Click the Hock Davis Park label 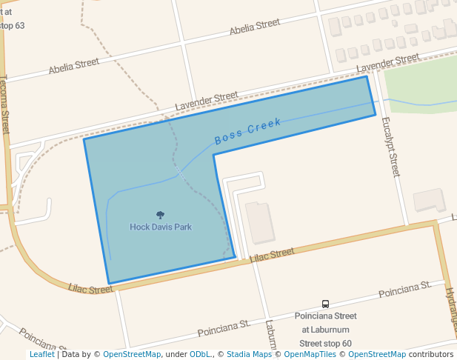click(161, 227)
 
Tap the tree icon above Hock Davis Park click(160, 215)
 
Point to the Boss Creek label click(247, 132)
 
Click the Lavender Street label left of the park click(206, 101)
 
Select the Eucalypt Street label click(390, 149)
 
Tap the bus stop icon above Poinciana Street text click(325, 304)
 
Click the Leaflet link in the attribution click(41, 354)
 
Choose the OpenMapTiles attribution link click(310, 354)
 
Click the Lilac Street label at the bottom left click(90, 288)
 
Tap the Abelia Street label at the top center click(255, 27)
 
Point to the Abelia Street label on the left click(73, 67)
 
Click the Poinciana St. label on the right click(405, 290)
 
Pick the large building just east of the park click(259, 222)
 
